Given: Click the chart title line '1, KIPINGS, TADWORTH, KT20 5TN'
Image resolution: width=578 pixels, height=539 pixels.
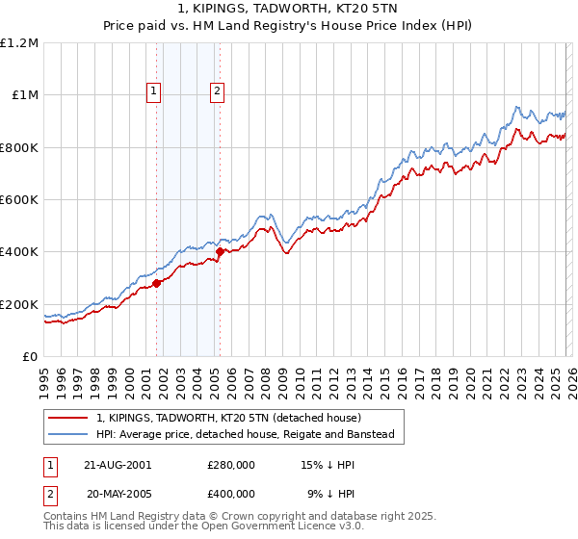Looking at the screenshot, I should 289,10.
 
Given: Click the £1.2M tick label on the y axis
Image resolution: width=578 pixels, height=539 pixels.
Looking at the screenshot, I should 19,43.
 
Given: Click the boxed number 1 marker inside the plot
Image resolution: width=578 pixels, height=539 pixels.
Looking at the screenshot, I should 154,91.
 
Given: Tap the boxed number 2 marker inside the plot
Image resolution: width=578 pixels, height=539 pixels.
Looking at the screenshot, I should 218,91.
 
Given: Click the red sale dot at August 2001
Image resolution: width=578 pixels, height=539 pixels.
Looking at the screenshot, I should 156,283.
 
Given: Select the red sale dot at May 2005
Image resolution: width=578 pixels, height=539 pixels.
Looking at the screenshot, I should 220,252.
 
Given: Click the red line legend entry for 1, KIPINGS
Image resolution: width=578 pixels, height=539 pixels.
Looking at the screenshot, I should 228,418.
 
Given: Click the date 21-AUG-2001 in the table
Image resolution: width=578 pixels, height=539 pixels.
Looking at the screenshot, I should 118,464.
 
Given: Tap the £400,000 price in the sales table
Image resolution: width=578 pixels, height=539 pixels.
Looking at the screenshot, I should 230,493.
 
